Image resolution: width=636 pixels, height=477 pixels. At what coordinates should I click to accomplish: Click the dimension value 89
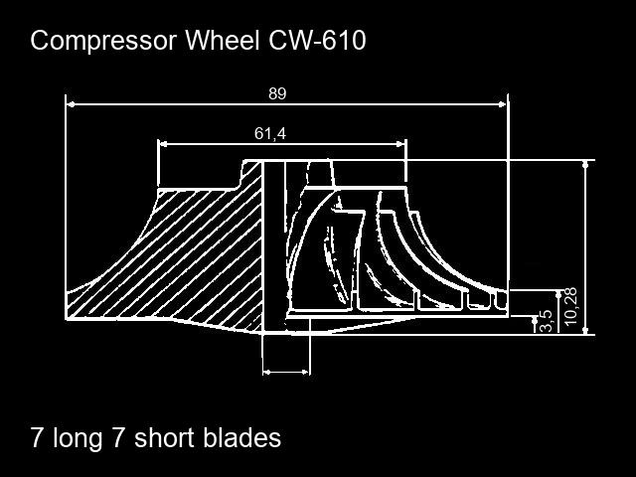(277, 93)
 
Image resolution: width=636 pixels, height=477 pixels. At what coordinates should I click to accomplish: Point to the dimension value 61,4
(270, 133)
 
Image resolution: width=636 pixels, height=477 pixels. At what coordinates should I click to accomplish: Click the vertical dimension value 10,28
(570, 306)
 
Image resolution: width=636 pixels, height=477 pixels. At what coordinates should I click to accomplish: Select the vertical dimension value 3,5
(545, 321)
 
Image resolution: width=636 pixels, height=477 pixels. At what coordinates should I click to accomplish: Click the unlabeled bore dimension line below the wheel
(286, 373)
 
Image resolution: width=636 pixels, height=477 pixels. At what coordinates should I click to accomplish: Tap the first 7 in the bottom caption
(38, 437)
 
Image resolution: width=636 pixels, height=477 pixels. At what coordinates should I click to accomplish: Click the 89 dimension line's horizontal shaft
(378, 102)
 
